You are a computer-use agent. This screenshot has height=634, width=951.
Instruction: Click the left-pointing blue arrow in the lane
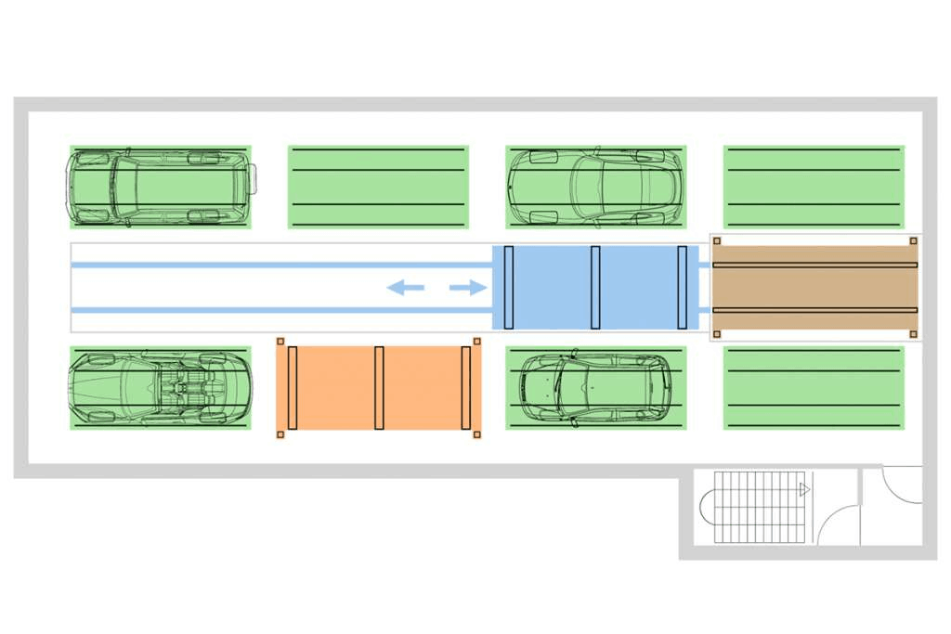(x=405, y=288)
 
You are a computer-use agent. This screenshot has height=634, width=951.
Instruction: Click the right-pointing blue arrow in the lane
(x=468, y=288)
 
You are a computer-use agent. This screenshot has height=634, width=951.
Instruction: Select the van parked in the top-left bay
(x=161, y=187)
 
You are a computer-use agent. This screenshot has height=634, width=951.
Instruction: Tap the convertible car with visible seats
(x=161, y=388)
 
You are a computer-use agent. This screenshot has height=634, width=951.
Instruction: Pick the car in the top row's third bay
(x=595, y=187)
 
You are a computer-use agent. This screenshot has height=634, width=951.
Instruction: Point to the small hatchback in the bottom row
(x=595, y=388)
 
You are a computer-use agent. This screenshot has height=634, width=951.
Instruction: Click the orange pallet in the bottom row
(x=379, y=388)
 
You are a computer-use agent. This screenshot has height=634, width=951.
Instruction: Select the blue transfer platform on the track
(x=595, y=288)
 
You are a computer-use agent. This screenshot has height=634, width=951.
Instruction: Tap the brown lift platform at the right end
(x=814, y=288)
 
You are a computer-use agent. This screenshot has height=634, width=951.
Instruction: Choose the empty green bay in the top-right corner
(x=814, y=187)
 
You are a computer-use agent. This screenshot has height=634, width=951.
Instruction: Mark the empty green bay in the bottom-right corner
(x=814, y=388)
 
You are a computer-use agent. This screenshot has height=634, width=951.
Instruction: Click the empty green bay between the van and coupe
(x=378, y=187)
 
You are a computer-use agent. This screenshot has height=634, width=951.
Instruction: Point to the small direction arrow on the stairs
(x=804, y=488)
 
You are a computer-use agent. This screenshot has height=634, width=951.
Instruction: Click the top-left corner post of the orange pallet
(x=280, y=342)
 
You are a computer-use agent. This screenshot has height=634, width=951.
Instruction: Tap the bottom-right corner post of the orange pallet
(x=477, y=433)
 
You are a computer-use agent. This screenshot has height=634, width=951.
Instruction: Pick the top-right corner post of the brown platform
(x=913, y=241)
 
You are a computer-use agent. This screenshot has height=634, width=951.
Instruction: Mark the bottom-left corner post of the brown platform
(x=717, y=333)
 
